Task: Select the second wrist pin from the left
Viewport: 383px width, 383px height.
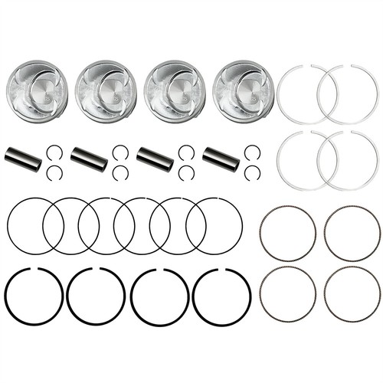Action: tap(89, 158)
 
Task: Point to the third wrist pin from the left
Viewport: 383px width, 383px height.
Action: tap(155, 158)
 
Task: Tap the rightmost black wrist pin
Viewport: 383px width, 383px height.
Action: tap(221, 158)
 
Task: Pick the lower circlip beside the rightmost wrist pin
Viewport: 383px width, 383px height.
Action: tap(252, 172)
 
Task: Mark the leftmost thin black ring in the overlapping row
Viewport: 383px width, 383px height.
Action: tap(8, 225)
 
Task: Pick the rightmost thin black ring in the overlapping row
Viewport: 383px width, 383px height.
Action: tap(242, 225)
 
